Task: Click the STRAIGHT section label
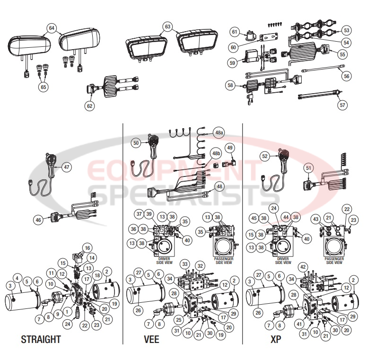[41, 339]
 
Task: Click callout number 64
[52, 28]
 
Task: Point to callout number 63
[167, 26]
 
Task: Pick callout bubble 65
[43, 87]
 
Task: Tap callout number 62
[89, 106]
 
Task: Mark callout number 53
[346, 30]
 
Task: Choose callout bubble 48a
[218, 133]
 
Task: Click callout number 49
[230, 148]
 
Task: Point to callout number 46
[38, 220]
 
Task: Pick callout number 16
[87, 247]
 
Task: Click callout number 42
[303, 266]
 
